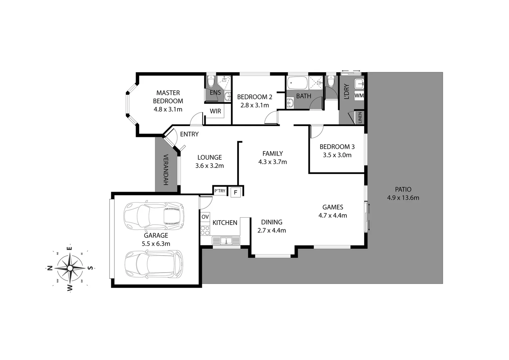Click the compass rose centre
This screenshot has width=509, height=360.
[x=70, y=268]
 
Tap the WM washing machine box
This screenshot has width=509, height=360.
[x=359, y=96]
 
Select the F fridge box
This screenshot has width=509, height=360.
[x=236, y=192]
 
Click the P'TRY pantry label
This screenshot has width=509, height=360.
[x=220, y=191]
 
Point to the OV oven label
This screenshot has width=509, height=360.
[x=205, y=217]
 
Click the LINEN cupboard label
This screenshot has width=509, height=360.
[x=360, y=118]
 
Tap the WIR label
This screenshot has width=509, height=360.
[x=215, y=111]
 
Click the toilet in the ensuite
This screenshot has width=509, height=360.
[x=211, y=81]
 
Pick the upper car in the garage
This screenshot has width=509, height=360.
[x=154, y=216]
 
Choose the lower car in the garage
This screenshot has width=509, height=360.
[x=154, y=264]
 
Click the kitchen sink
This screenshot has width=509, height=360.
[x=226, y=240]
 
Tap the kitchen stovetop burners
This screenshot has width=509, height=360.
[x=205, y=230]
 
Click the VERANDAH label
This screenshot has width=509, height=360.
[x=166, y=170]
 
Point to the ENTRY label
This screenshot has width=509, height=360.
[x=189, y=134]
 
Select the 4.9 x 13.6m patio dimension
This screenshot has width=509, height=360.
[x=403, y=198]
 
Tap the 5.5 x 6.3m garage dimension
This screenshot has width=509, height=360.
[x=156, y=244]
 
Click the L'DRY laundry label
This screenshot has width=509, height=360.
[x=346, y=91]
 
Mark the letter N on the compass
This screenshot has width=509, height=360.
[x=50, y=268]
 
